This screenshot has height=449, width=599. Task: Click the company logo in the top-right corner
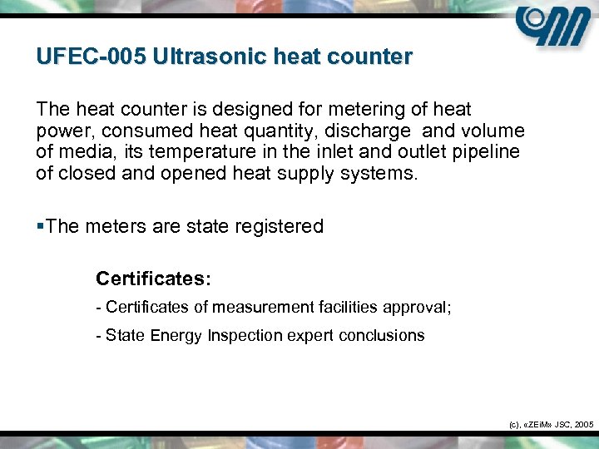click(552, 28)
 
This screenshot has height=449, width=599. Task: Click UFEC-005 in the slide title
click(87, 57)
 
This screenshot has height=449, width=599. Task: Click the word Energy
click(177, 336)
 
